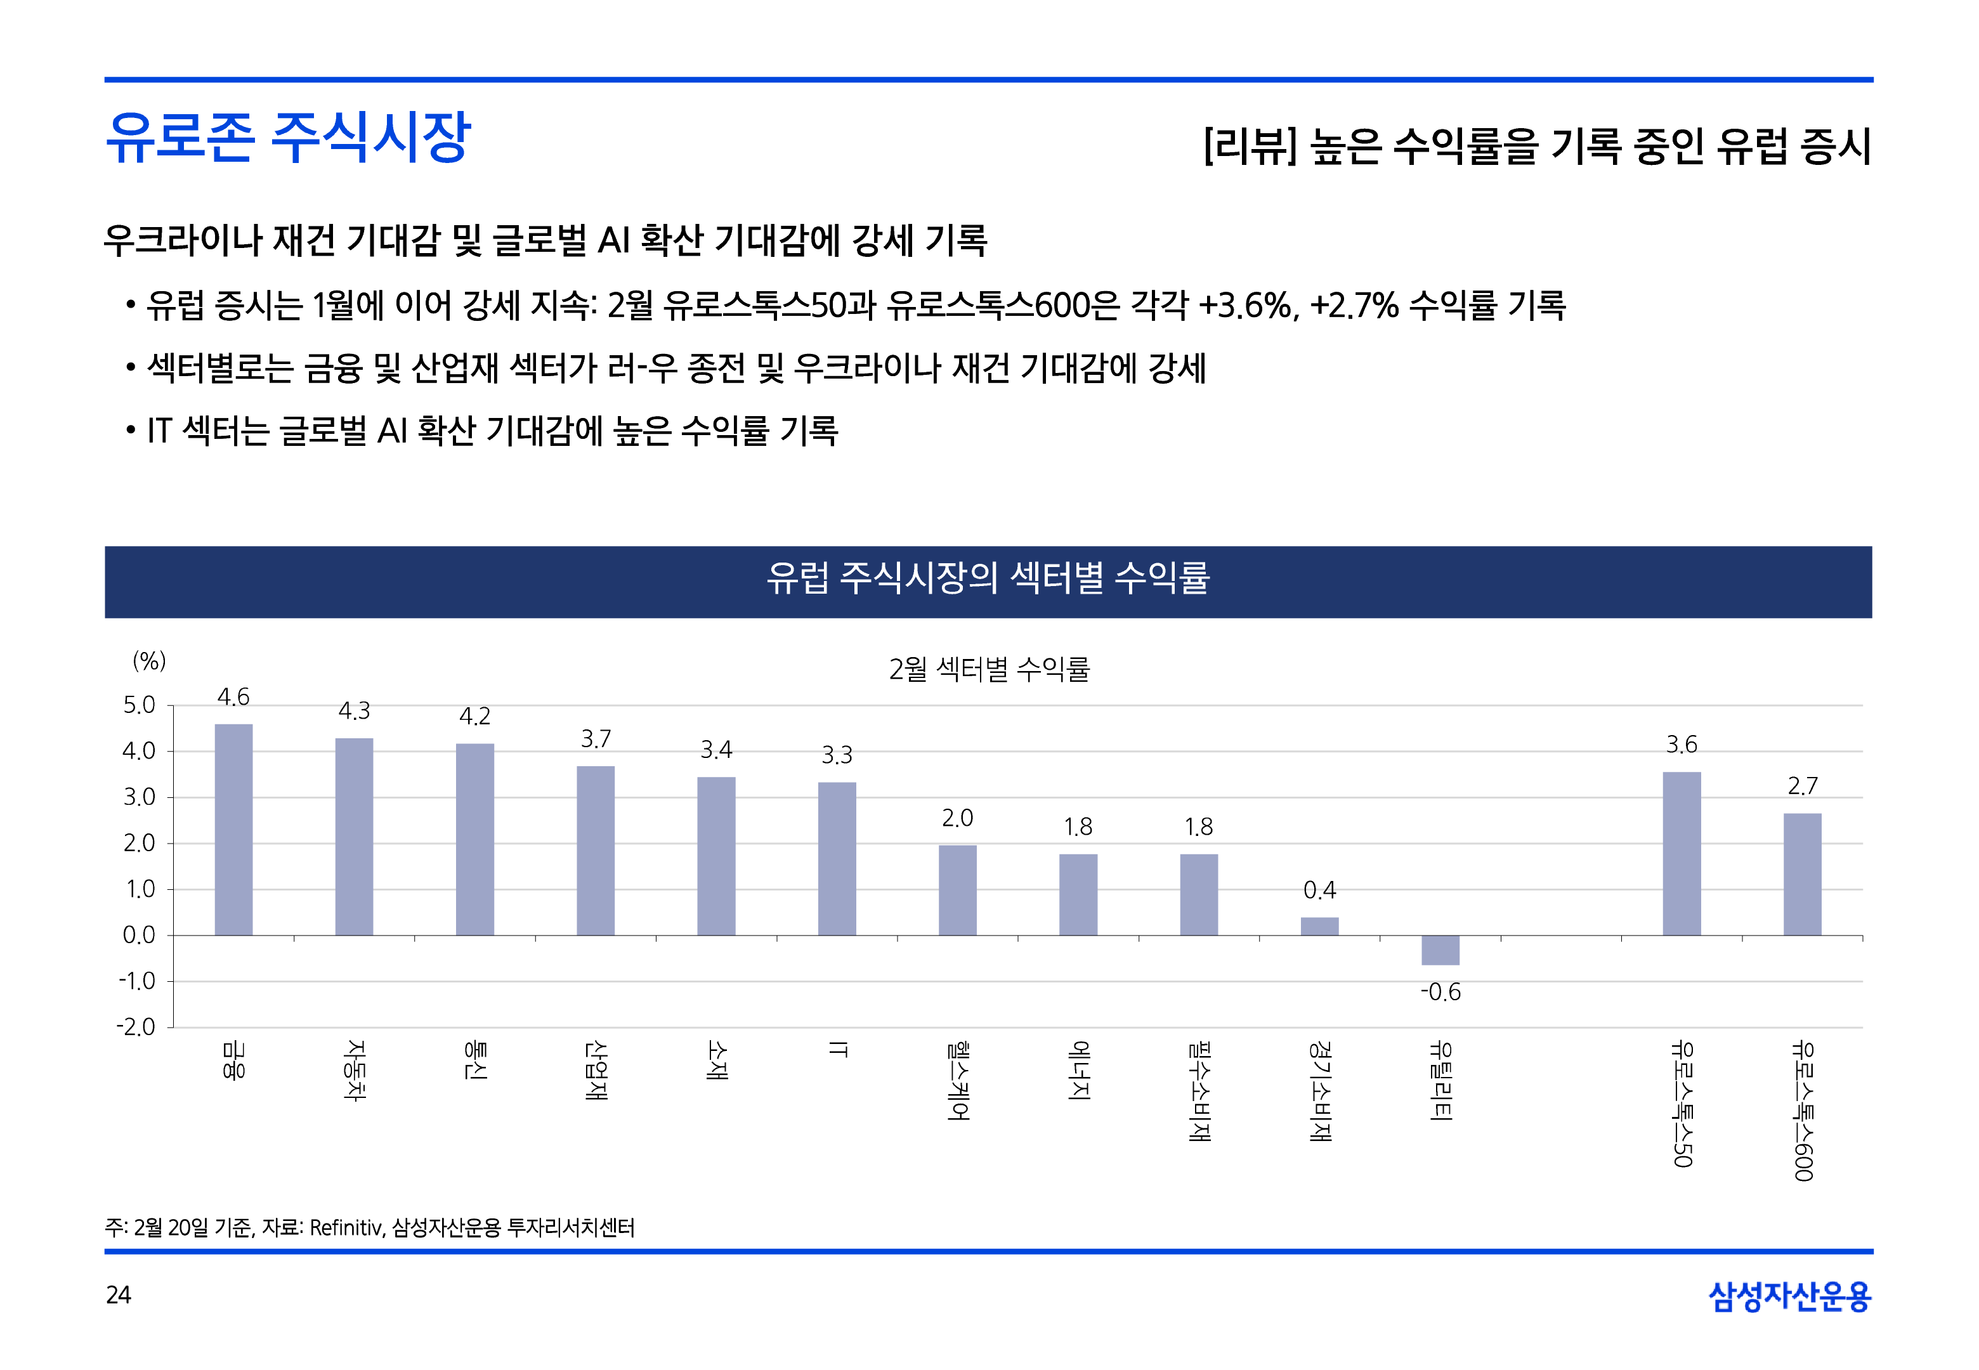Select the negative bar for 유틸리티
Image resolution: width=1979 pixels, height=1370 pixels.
(1440, 950)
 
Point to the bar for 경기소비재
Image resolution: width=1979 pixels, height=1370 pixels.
(1319, 926)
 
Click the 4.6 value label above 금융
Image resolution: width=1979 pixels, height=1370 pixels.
(233, 697)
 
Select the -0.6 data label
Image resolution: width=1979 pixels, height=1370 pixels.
(1440, 993)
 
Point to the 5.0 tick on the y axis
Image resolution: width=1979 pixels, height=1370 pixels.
(139, 705)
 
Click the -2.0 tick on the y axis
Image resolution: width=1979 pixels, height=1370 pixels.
(136, 1027)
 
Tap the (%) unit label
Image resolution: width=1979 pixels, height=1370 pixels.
(149, 661)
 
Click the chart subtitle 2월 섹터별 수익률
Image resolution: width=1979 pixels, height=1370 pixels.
(989, 669)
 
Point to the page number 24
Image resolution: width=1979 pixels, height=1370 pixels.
(119, 1295)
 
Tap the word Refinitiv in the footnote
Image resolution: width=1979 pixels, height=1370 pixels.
(345, 1227)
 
